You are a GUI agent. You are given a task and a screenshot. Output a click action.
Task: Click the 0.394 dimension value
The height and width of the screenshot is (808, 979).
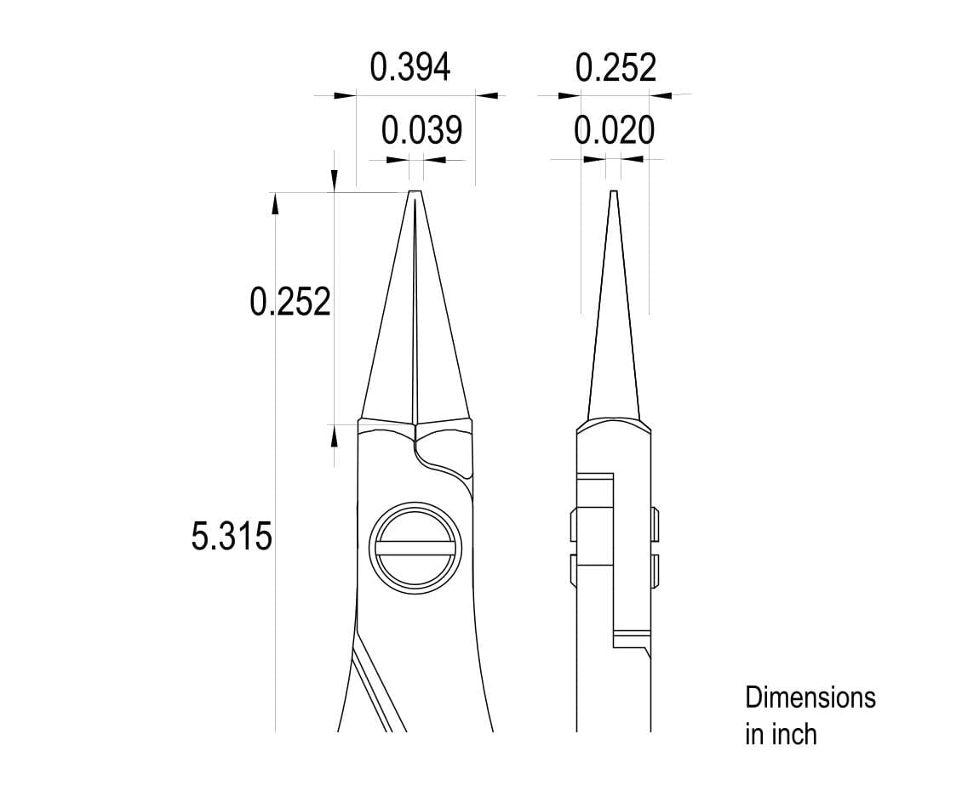409,67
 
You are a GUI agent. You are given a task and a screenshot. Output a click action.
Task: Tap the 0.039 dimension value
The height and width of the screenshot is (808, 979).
421,130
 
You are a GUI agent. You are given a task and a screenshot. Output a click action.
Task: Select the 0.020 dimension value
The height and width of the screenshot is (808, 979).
615,130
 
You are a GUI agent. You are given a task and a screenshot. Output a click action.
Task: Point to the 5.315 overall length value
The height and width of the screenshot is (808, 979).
232,537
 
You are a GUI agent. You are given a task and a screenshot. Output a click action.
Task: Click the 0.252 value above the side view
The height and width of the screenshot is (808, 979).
615,68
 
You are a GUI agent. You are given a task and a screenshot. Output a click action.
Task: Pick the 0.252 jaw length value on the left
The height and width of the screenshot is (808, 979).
289,302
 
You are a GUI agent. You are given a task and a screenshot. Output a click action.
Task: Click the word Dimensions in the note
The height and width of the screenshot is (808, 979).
810,697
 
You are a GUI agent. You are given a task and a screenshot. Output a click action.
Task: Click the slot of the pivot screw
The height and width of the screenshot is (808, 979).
414,549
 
